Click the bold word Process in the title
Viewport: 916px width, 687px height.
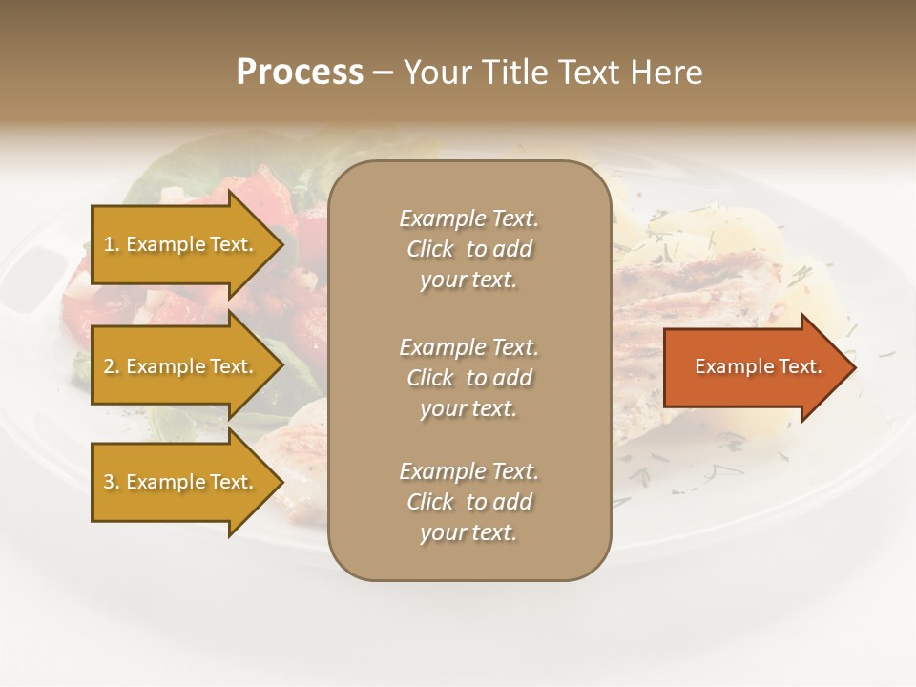tap(300, 73)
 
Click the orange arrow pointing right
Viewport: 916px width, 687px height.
tap(754, 366)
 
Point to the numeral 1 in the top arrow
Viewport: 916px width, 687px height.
tap(108, 244)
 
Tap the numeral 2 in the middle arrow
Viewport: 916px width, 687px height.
tap(109, 366)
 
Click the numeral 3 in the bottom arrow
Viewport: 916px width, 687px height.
tap(109, 482)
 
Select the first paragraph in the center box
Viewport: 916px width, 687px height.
tap(468, 249)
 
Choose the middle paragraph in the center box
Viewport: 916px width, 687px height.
tap(468, 378)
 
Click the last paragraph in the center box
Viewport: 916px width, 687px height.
tap(468, 502)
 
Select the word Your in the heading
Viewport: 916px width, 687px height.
tap(434, 73)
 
